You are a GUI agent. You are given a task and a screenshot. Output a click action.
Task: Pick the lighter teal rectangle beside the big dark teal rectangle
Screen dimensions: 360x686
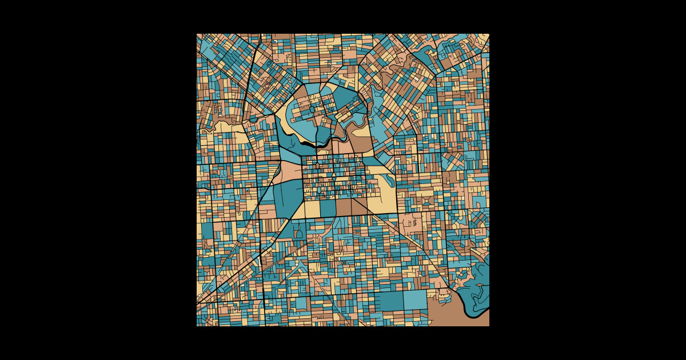pos(416,299)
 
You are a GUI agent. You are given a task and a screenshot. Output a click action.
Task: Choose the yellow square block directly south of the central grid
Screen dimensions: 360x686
pos(312,209)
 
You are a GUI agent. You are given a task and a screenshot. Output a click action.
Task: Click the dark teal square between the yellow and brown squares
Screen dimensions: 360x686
pos(328,209)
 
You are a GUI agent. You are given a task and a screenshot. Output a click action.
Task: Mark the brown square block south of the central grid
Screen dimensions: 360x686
pos(344,207)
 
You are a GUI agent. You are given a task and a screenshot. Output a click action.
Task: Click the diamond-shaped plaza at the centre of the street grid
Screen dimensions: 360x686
pos(334,176)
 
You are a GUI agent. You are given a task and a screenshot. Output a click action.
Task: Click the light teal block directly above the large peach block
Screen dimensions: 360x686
pos(289,153)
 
